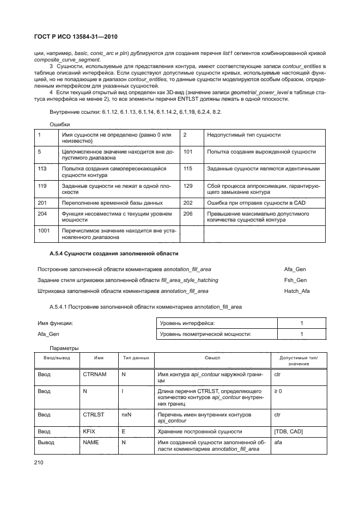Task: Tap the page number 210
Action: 42,462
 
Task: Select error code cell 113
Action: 42,169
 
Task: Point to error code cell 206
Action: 188,214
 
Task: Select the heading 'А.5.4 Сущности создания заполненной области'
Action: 114,254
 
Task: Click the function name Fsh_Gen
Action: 295,280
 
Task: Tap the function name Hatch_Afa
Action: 297,291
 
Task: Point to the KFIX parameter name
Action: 89,431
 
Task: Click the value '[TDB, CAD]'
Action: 289,431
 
